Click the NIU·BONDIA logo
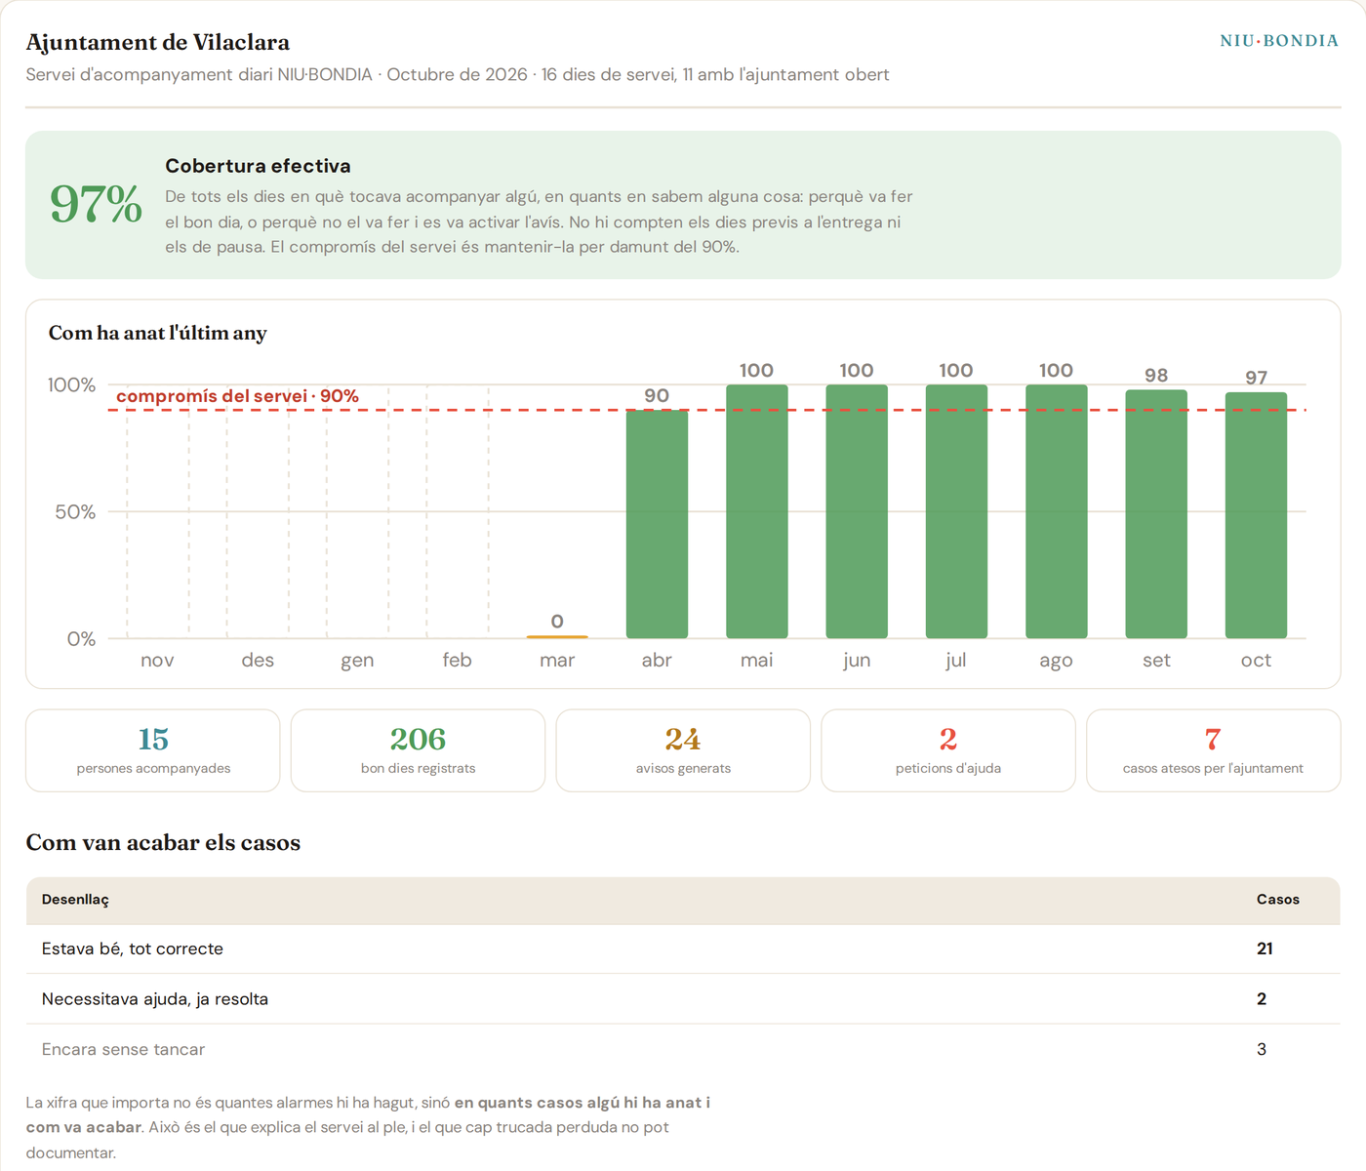pos(1279,41)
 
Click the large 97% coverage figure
pos(96,204)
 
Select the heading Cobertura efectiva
pos(258,166)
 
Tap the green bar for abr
pos(657,524)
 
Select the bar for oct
pos(1256,515)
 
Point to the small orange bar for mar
pos(557,637)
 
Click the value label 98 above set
pos(1156,376)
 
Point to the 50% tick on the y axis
pos(75,511)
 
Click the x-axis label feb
pos(457,661)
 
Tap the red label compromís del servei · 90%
pos(237,396)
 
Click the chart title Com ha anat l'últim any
pos(157,333)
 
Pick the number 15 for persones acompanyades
pos(153,739)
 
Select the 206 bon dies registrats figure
pos(418,739)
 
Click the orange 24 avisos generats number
pos(683,739)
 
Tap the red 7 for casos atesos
pos(1213,739)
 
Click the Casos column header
pos(1277,900)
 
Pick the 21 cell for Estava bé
pos(1265,949)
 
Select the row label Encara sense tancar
pos(123,1049)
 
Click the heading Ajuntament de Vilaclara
pos(158,42)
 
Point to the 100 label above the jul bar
pos(955,370)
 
